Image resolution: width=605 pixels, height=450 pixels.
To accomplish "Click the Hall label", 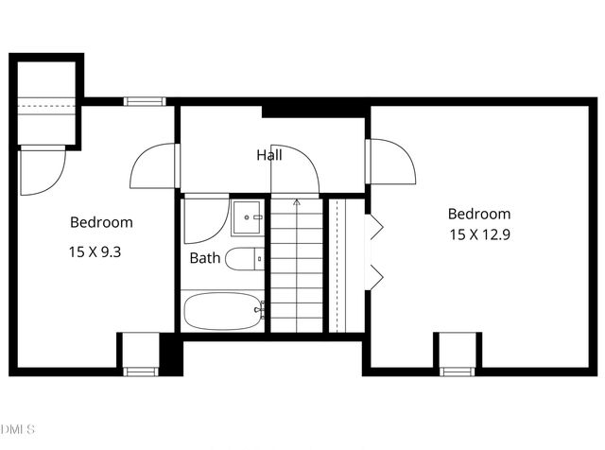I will click(268, 155).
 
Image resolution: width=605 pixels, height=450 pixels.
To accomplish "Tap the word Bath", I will click(205, 257).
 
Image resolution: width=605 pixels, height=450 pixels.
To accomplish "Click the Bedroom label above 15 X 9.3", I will click(101, 223).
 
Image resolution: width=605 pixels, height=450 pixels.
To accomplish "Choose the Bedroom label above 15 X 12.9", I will click(479, 215).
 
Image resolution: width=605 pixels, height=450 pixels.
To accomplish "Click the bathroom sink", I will click(250, 219).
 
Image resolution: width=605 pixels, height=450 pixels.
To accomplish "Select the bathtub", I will click(223, 310).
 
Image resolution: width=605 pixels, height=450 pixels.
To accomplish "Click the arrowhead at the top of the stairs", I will click(296, 201).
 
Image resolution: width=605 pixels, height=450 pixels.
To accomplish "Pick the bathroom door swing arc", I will click(203, 218).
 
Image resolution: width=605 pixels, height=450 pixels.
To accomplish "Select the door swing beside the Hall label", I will click(295, 171).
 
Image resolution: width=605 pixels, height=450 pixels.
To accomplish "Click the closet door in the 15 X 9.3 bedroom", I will click(42, 171).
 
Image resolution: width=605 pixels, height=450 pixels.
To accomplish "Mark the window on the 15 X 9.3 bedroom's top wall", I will click(144, 101).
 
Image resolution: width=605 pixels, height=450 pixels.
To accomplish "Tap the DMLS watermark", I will click(18, 430).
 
